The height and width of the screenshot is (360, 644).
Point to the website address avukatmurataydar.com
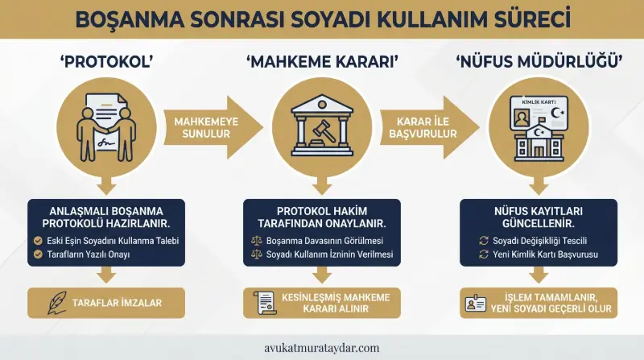(321, 348)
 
